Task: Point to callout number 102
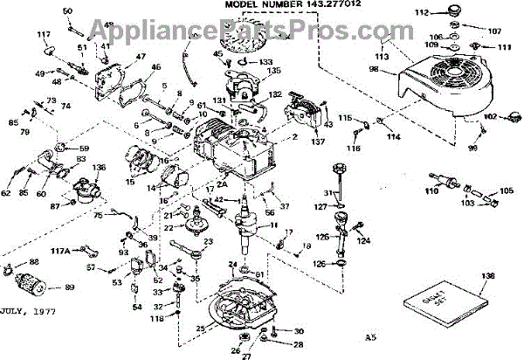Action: click(x=490, y=116)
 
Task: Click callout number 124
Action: click(x=365, y=240)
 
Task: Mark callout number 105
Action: click(x=508, y=190)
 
